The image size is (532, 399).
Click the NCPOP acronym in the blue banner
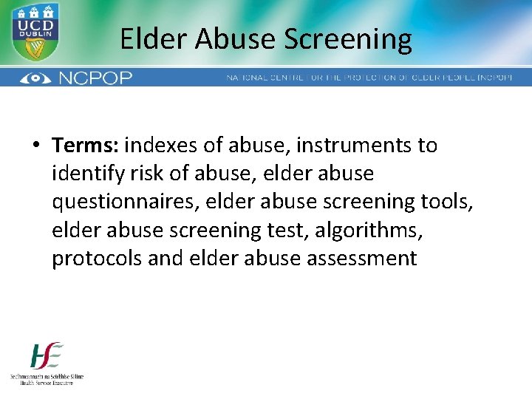(x=97, y=78)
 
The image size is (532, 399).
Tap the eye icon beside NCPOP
(x=35, y=78)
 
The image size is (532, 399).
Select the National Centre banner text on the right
(x=369, y=78)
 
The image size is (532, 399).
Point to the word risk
(x=143, y=174)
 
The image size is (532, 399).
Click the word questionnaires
(x=127, y=202)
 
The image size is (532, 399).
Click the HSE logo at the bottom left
(x=47, y=362)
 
